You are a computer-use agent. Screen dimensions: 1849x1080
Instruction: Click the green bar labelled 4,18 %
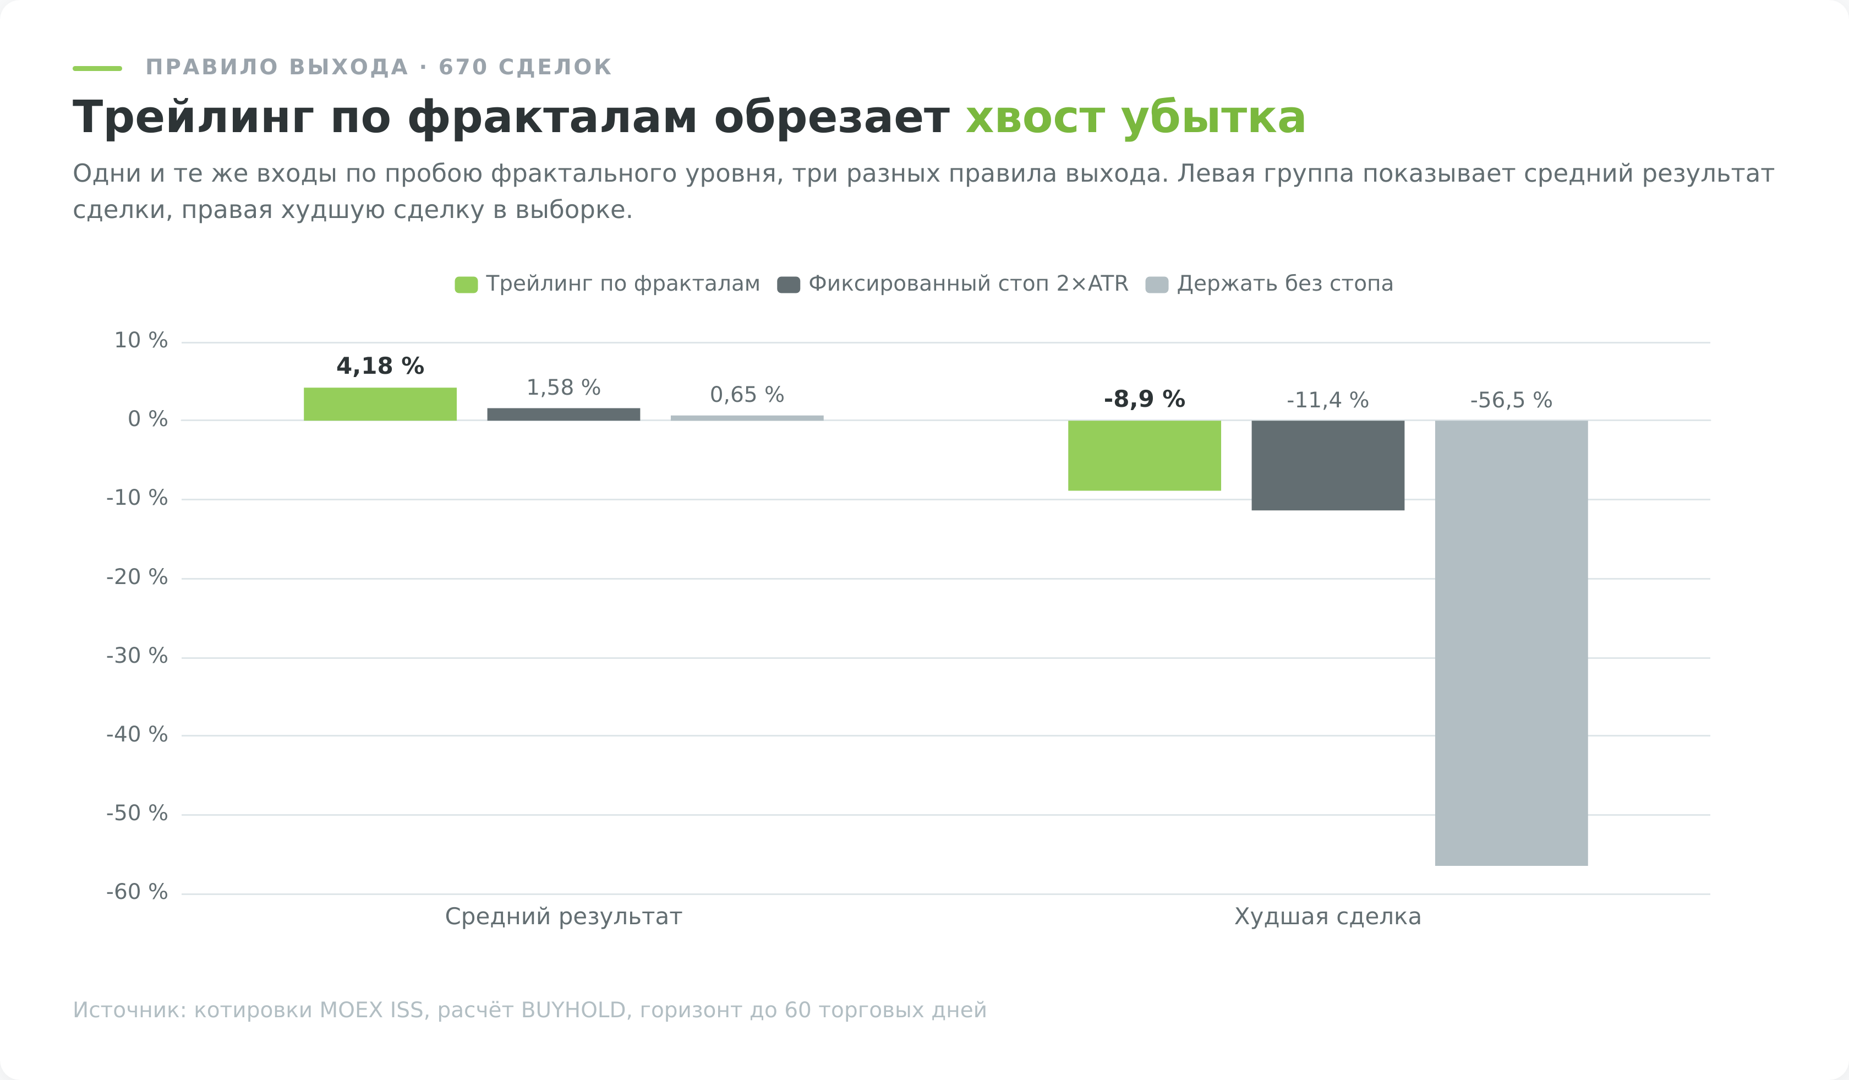point(380,403)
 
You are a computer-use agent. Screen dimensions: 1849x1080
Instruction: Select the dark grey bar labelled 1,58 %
point(564,414)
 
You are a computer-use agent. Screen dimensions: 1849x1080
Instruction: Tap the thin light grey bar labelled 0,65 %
point(747,417)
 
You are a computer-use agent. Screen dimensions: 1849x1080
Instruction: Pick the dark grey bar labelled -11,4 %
point(1328,465)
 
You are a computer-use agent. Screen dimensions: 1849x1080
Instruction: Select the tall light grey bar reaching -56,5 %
point(1512,643)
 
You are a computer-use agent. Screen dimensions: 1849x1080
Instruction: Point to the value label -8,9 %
point(1145,399)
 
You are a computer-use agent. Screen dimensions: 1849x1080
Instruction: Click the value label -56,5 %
point(1512,401)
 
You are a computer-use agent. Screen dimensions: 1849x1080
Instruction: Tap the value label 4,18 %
point(380,366)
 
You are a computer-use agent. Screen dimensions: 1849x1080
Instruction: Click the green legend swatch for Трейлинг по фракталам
point(466,285)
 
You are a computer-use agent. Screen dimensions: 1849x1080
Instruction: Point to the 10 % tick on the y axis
point(141,340)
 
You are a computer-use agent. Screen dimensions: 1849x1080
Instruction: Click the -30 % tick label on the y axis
point(137,656)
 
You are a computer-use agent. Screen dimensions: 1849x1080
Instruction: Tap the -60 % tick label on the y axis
point(137,892)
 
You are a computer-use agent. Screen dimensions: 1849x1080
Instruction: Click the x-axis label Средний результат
point(564,917)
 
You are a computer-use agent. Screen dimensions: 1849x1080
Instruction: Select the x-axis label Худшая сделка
point(1328,917)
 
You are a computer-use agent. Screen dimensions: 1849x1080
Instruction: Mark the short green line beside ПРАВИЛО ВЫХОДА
point(97,68)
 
